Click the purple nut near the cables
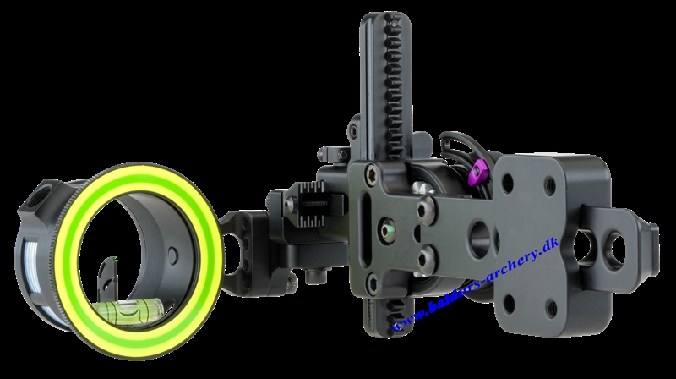480,169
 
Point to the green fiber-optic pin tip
115,259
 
